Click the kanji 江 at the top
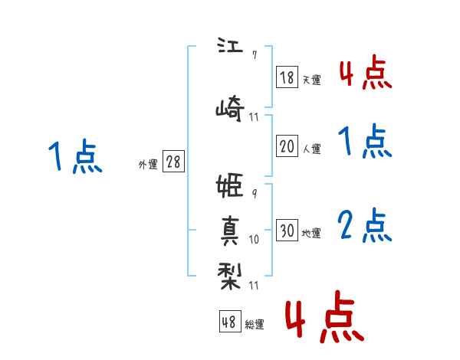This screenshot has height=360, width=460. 230,45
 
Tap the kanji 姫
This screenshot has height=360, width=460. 230,185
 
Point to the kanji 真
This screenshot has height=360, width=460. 230,231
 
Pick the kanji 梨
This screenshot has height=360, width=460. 230,277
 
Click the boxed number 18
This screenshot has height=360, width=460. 287,77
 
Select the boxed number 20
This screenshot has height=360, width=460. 287,146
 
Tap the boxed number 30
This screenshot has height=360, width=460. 287,230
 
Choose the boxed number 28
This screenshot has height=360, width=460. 173,162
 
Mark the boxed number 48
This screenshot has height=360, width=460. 230,321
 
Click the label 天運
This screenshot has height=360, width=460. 312,80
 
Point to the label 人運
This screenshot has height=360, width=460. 312,149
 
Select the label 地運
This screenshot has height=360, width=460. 311,233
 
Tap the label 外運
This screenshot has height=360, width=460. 148,164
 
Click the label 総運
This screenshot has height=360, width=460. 255,324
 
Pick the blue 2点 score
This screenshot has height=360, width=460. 365,225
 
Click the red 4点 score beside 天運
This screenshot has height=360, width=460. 366,72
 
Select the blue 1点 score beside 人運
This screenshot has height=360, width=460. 365,141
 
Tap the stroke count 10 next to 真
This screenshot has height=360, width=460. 254,239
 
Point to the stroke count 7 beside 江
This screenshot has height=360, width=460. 255,55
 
